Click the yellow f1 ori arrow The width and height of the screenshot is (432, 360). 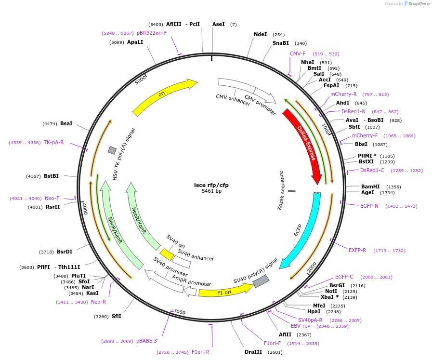(224, 291)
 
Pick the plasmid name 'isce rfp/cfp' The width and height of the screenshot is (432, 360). (211, 185)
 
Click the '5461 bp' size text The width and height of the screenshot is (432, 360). (211, 191)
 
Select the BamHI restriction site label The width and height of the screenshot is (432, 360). (370, 187)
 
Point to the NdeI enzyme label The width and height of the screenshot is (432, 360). (260, 34)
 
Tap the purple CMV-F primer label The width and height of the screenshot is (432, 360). (298, 53)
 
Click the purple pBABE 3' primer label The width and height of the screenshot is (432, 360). (147, 341)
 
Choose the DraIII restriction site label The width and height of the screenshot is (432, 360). (253, 352)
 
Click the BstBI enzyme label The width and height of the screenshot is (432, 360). (51, 176)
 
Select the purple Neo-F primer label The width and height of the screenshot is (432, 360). (52, 198)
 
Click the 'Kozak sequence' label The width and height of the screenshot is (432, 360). (282, 190)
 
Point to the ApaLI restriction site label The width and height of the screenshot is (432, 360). (135, 42)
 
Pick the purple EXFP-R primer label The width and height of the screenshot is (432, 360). (357, 250)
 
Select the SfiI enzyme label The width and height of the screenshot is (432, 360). (117, 316)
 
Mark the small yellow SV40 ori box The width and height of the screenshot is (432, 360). (167, 254)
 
